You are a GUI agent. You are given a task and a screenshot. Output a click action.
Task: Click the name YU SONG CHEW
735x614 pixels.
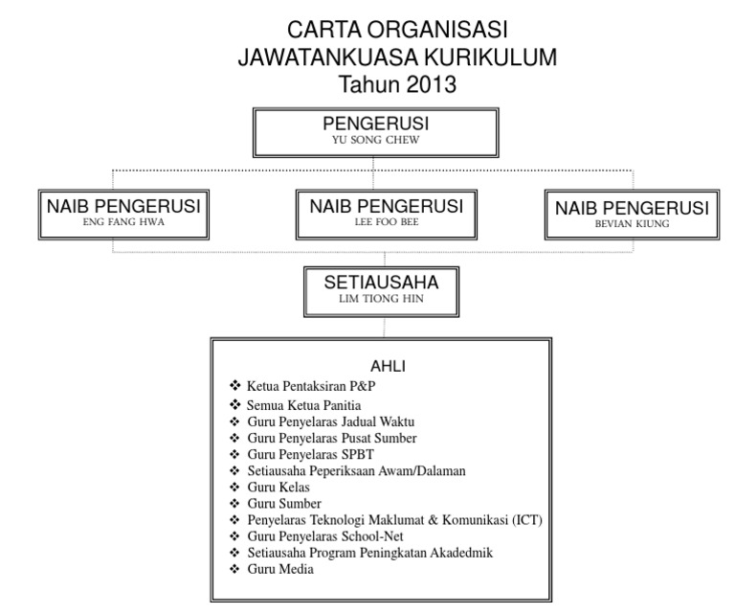[374, 140]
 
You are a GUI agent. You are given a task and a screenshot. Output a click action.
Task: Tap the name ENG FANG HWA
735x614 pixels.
[124, 221]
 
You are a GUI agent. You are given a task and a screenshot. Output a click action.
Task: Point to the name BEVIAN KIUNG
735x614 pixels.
[631, 224]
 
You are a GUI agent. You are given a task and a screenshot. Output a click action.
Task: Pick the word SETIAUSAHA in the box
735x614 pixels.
[381, 283]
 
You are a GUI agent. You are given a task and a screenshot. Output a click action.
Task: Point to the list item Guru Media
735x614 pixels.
[280, 570]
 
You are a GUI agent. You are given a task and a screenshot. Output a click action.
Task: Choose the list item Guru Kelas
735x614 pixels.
[278, 487]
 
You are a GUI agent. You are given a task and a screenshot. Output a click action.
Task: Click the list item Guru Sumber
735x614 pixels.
[284, 503]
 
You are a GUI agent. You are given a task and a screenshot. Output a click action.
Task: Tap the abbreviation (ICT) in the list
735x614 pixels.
[524, 520]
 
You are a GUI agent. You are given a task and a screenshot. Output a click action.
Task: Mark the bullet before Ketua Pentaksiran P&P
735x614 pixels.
[235, 386]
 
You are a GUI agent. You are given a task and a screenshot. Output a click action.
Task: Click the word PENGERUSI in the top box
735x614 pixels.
[374, 124]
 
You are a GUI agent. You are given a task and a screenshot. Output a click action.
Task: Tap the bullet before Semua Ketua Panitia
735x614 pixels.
[235, 404]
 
